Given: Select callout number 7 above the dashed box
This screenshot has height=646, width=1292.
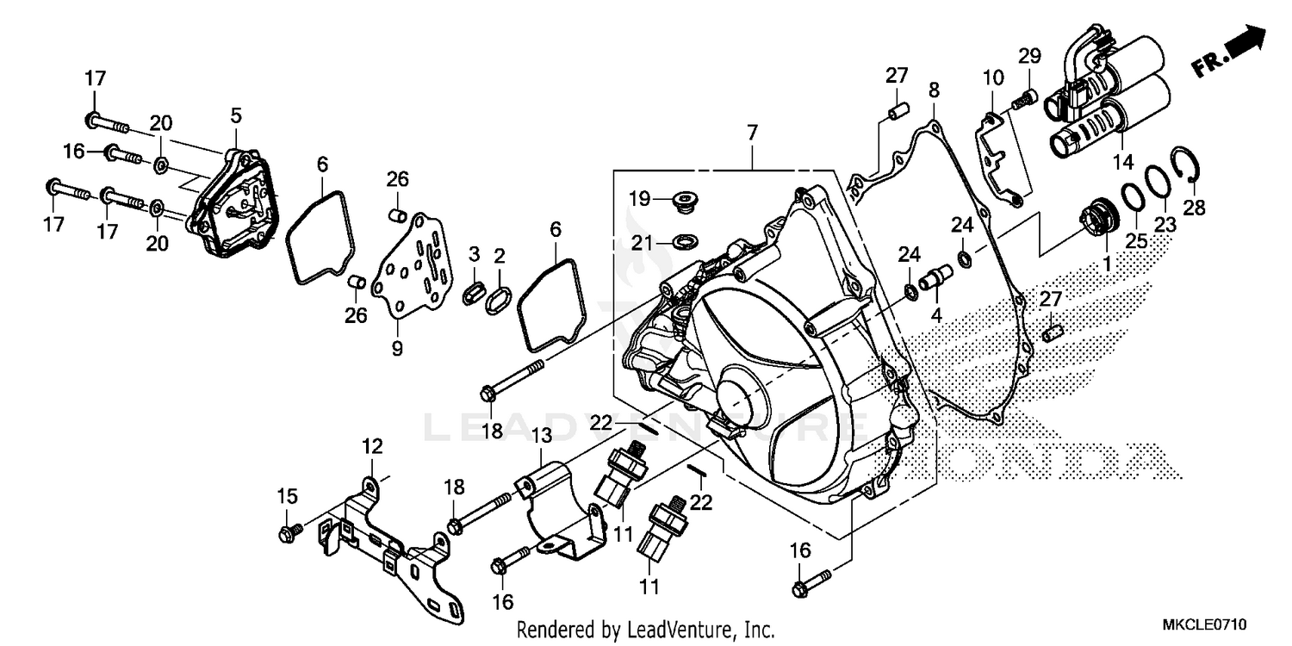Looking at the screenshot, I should click(752, 134).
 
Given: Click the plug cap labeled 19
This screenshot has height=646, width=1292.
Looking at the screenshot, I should click(686, 202).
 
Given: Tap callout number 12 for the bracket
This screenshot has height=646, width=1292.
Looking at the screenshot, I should click(371, 446).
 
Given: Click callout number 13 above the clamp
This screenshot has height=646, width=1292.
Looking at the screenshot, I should click(539, 438).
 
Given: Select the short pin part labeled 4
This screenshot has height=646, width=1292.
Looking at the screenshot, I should click(934, 281).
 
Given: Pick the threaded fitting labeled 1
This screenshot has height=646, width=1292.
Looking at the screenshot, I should click(1099, 210).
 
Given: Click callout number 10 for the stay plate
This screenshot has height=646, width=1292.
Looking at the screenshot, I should click(993, 78).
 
